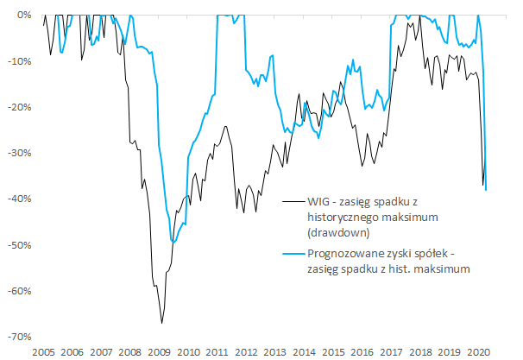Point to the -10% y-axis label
click(x=19, y=61)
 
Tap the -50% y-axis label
click(x=19, y=244)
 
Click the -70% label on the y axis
click(x=19, y=336)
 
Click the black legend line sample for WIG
click(x=293, y=201)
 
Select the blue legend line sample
click(x=293, y=253)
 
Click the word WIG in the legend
click(x=319, y=201)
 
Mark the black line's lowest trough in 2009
click(x=161, y=323)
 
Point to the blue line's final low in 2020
click(x=486, y=189)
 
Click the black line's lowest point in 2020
click(x=482, y=185)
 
